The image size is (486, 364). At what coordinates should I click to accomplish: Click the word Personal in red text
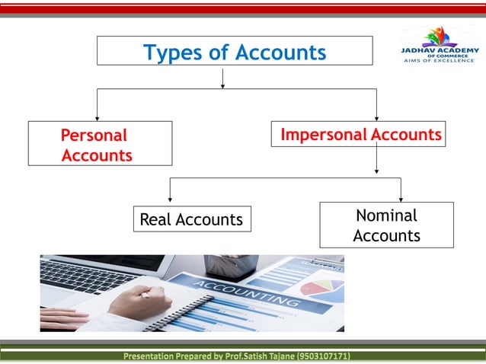[x=94, y=136]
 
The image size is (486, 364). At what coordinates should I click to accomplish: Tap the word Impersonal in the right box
[x=314, y=135]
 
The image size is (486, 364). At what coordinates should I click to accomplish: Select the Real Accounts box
[x=191, y=220]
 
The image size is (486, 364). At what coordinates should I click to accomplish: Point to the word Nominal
[x=386, y=216]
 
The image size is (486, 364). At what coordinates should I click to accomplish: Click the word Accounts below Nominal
[x=386, y=235]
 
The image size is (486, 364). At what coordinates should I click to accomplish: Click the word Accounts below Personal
[x=97, y=155]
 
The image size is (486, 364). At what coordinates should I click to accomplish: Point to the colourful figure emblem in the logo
[x=437, y=35]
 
